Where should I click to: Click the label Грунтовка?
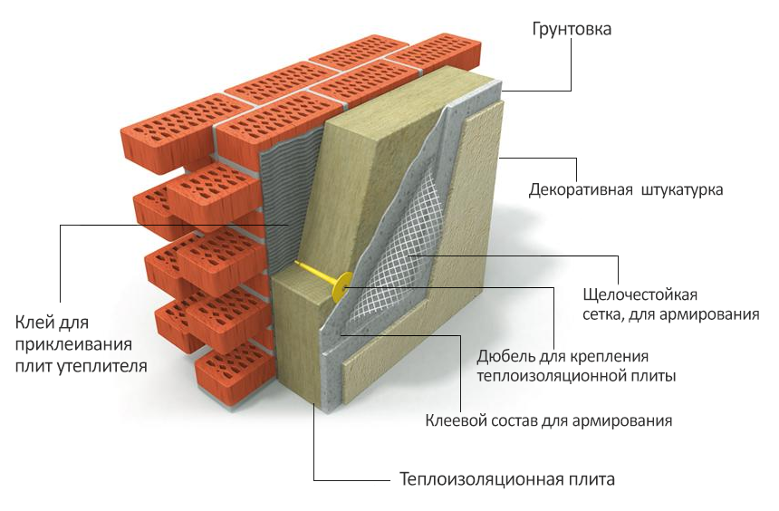click(x=572, y=29)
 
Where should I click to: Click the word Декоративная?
click(x=581, y=190)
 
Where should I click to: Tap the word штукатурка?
click(x=682, y=190)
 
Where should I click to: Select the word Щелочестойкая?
click(x=640, y=294)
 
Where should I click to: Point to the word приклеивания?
click(x=73, y=345)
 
